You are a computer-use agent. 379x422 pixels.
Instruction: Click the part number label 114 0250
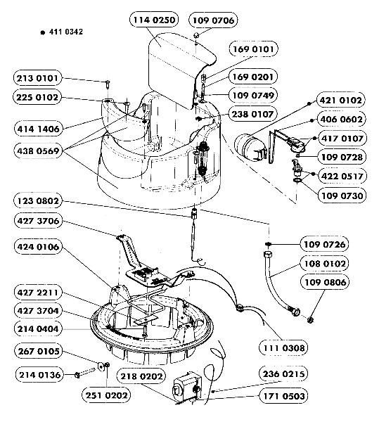(x=154, y=20)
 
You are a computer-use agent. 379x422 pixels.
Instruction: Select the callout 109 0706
(x=213, y=20)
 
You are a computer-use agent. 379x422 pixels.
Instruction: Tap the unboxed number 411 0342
(x=66, y=32)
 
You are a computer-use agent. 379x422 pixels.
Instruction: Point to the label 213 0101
(x=37, y=78)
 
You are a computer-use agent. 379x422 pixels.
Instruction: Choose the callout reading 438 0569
(x=38, y=151)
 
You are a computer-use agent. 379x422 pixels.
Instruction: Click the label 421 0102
(x=341, y=100)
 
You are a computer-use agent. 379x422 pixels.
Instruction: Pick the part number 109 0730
(x=342, y=196)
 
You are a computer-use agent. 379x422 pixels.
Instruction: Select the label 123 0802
(x=38, y=200)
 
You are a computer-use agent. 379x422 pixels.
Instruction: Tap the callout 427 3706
(x=38, y=221)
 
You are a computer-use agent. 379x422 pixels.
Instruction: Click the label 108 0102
(x=325, y=264)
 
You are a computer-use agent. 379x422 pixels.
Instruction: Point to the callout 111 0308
(x=283, y=348)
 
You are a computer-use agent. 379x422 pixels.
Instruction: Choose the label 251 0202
(x=106, y=395)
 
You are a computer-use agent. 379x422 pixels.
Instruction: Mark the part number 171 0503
(x=283, y=396)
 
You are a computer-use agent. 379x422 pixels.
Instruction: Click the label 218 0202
(x=141, y=376)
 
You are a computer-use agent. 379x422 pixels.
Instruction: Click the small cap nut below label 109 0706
(x=196, y=35)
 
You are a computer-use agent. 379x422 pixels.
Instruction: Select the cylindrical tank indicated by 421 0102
(x=250, y=146)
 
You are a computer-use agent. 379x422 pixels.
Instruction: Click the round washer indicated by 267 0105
(x=101, y=366)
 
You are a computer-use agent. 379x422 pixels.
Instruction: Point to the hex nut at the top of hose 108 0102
(x=268, y=255)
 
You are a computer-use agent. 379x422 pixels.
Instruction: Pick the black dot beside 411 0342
(x=42, y=32)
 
